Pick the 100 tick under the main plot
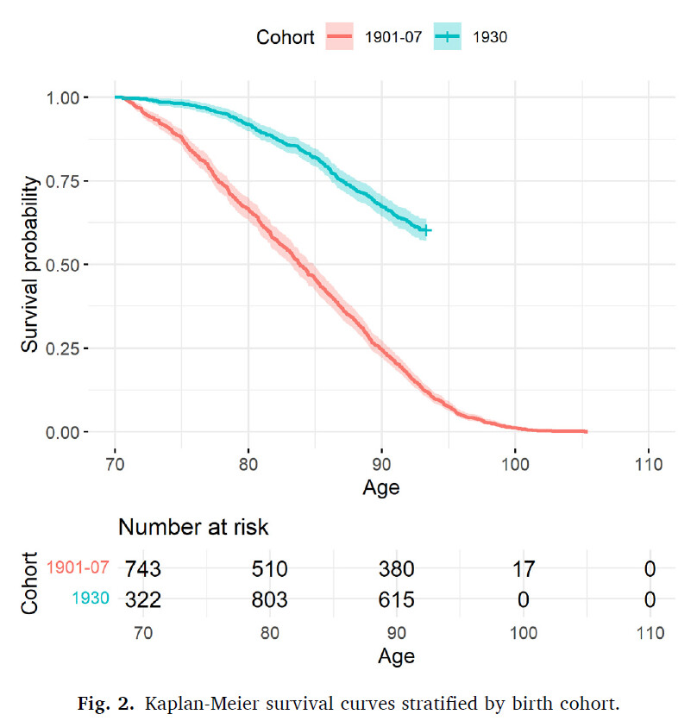[514, 462]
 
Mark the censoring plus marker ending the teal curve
[425, 230]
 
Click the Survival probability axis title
[31, 264]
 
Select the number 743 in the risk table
[143, 569]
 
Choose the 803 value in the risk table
[270, 599]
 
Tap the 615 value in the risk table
[398, 599]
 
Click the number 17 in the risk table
[523, 569]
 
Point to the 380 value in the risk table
[398, 569]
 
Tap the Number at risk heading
[194, 527]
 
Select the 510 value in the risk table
[270, 569]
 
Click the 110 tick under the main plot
[648, 462]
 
